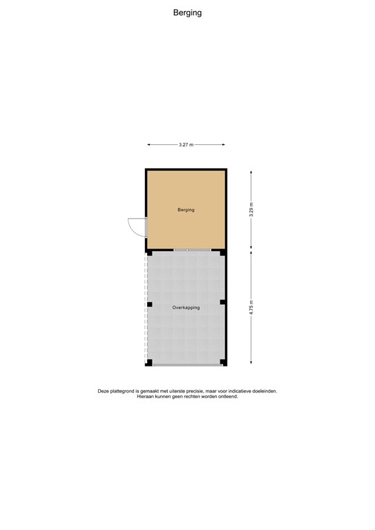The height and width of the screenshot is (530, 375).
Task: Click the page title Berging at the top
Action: (187, 12)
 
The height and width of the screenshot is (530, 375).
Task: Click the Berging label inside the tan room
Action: (186, 210)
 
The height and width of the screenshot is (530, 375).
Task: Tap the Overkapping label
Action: (186, 308)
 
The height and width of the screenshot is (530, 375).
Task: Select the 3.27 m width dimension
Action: (186, 145)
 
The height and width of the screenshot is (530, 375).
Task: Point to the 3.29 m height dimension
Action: (251, 209)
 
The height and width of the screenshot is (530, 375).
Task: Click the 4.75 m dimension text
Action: (251, 307)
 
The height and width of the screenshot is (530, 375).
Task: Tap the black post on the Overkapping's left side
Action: (149, 304)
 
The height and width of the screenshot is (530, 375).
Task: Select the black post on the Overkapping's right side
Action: (222, 302)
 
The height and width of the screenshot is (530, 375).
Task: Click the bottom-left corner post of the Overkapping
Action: (149, 362)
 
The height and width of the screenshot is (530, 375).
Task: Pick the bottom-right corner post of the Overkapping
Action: (222, 362)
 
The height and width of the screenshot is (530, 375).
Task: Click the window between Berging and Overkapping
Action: (193, 249)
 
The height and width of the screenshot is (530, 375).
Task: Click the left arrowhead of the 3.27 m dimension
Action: (149, 145)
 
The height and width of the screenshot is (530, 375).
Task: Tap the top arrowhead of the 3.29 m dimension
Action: (251, 171)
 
